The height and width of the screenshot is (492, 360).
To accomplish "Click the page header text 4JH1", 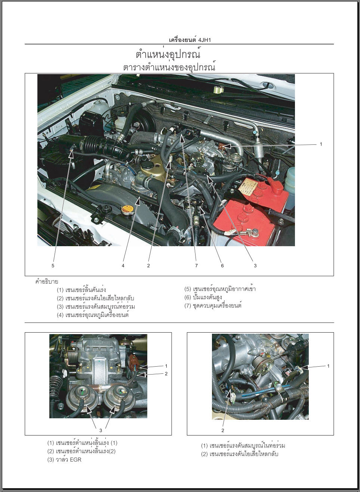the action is [x=204, y=40].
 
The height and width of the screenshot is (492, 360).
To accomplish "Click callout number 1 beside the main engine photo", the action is [x=321, y=144].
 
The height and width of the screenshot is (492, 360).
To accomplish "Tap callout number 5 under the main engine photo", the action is [x=53, y=266].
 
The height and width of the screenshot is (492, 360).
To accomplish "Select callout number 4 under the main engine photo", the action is [x=123, y=266].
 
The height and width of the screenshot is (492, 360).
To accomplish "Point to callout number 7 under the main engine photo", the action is [x=197, y=266].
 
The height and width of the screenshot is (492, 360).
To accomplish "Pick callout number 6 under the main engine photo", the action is [x=222, y=266].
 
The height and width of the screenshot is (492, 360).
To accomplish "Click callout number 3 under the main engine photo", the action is [x=255, y=266].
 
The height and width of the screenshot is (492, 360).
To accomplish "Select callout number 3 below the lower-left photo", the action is [x=101, y=431].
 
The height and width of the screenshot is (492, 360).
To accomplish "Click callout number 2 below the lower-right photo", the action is [x=223, y=430].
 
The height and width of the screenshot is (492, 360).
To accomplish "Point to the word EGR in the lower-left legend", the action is [x=76, y=459].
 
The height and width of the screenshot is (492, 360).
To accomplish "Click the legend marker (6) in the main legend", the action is [x=188, y=297].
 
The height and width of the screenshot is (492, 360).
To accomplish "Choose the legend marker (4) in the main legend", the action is [x=60, y=315].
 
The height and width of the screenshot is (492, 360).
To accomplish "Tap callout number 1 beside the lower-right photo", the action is [x=328, y=366].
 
